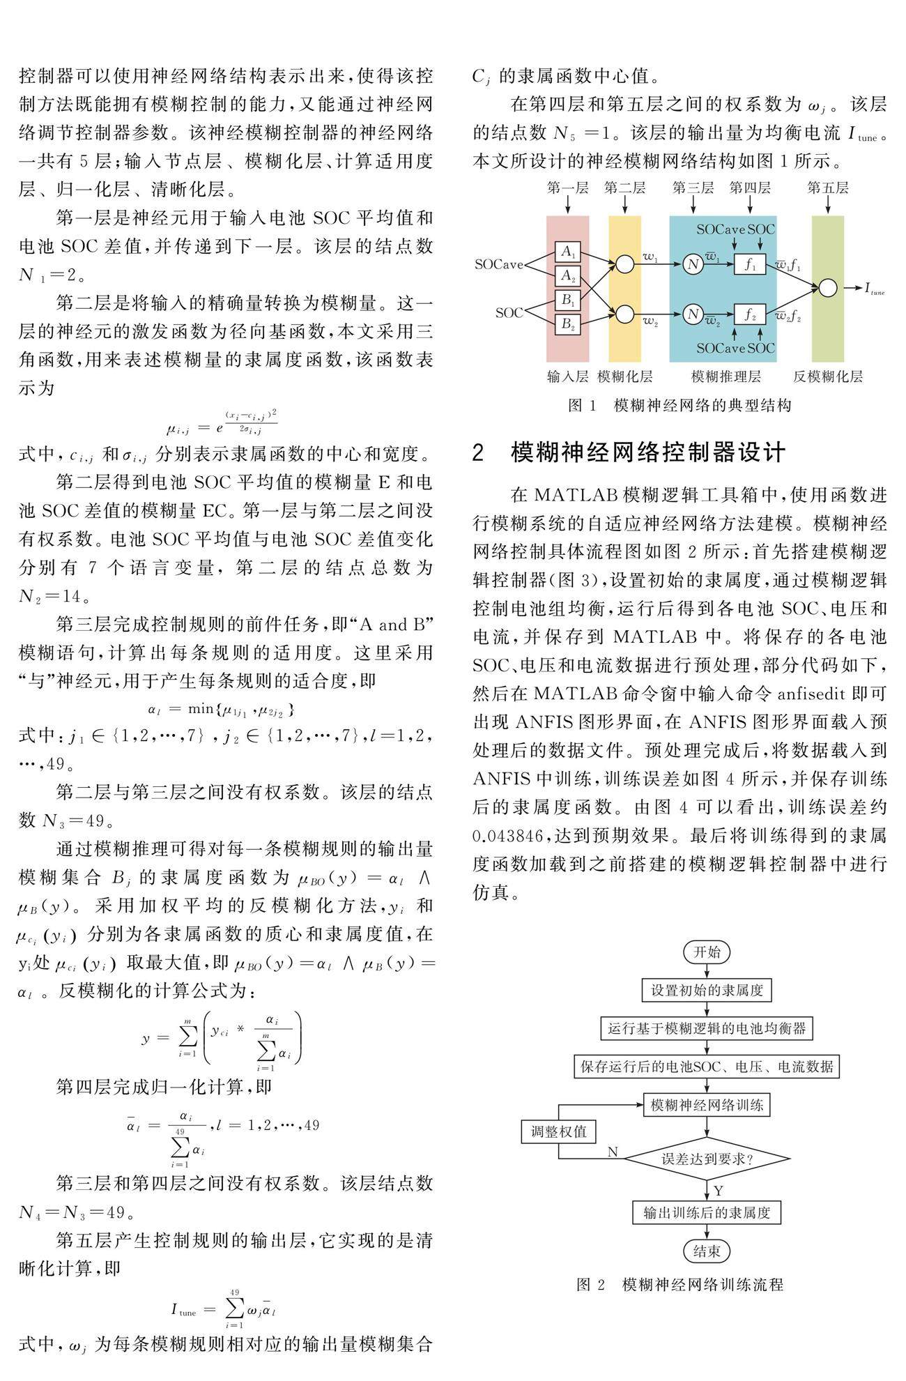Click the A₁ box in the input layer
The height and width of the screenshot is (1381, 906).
[x=567, y=252]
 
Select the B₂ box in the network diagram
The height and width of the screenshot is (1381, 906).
[x=567, y=324]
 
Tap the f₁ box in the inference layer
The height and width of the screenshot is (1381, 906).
[x=749, y=264]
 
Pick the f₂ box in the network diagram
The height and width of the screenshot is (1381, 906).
[x=749, y=314]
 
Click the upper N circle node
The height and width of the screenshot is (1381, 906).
[x=692, y=264]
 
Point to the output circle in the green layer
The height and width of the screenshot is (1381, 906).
[x=827, y=288]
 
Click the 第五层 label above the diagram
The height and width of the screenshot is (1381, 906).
[x=827, y=188]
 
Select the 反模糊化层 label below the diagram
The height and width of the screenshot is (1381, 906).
[x=827, y=377]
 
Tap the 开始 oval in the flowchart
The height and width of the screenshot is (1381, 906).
[x=707, y=952]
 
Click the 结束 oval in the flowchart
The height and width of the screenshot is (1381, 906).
[x=707, y=1251]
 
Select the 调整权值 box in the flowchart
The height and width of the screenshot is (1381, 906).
[x=559, y=1131]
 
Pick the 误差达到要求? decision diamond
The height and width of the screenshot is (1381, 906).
[x=707, y=1159]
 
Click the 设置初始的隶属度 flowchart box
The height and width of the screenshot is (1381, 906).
[x=707, y=990]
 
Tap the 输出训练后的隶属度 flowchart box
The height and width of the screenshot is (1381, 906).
[x=707, y=1212]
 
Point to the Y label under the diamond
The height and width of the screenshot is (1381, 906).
[x=719, y=1190]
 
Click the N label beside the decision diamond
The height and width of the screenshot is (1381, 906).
[x=613, y=1152]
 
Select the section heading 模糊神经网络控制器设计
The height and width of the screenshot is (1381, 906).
[x=648, y=452]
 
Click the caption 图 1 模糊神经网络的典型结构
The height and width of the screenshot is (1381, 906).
[x=679, y=406]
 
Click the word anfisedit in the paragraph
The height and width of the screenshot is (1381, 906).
[x=822, y=694]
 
